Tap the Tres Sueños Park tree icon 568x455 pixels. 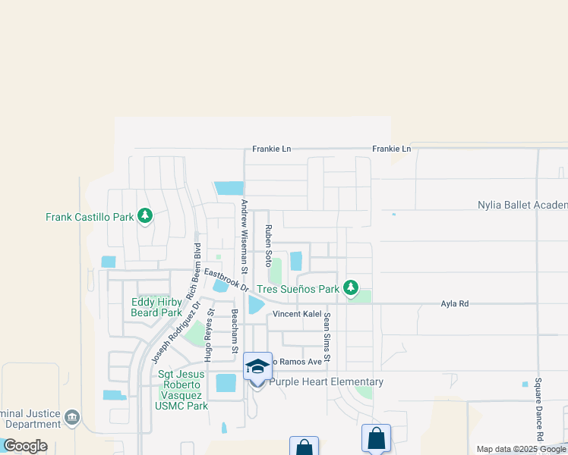point(350,288)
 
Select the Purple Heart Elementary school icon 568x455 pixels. point(257,366)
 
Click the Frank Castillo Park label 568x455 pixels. point(90,217)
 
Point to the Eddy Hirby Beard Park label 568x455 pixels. point(157,307)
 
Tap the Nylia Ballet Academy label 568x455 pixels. point(522,205)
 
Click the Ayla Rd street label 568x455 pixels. point(455,303)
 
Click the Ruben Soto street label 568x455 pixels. point(268,245)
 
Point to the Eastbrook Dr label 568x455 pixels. point(226,278)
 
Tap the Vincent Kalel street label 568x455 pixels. point(292,313)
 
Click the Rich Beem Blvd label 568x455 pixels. point(193,269)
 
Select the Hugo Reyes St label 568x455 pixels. point(208,334)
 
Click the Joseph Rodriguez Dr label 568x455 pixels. point(175,331)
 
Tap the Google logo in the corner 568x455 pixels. point(25,446)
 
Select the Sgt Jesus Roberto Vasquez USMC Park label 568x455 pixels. point(182,390)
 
